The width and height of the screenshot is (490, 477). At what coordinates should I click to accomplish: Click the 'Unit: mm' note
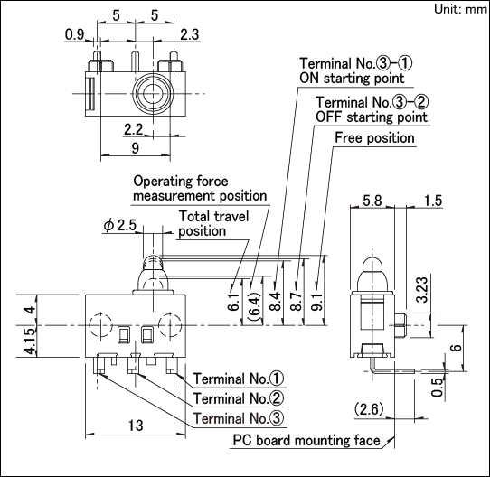click(x=460, y=9)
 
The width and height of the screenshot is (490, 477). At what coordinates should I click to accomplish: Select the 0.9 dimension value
click(x=74, y=34)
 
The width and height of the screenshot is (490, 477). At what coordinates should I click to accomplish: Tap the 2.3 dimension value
click(x=189, y=34)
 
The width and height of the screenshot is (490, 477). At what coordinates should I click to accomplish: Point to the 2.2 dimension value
click(x=134, y=129)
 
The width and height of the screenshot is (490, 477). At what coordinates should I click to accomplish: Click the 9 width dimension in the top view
click(x=135, y=148)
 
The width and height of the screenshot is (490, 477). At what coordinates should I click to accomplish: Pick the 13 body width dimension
click(x=136, y=426)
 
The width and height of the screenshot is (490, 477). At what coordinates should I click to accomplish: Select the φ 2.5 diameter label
click(x=120, y=225)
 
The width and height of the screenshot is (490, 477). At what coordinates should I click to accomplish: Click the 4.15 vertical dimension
click(x=31, y=341)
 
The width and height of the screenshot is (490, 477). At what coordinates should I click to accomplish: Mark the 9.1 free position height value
click(x=316, y=302)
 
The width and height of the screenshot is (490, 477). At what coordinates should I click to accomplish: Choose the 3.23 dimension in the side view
click(x=422, y=290)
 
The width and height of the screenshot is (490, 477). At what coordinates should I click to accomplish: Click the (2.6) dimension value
click(x=369, y=408)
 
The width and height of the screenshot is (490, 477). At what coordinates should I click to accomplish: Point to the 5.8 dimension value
click(x=372, y=201)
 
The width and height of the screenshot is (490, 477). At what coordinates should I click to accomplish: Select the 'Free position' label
click(x=374, y=137)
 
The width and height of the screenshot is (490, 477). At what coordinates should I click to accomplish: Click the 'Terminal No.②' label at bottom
click(x=239, y=398)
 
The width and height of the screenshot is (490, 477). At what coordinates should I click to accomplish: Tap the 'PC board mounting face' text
click(x=306, y=441)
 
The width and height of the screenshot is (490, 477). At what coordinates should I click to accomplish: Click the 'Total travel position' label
click(x=213, y=223)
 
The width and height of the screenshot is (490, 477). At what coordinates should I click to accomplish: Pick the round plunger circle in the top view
click(x=153, y=93)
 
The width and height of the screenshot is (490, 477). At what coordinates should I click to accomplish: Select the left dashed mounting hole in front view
click(x=100, y=325)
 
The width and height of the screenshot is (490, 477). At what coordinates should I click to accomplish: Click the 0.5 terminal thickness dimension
click(x=438, y=387)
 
